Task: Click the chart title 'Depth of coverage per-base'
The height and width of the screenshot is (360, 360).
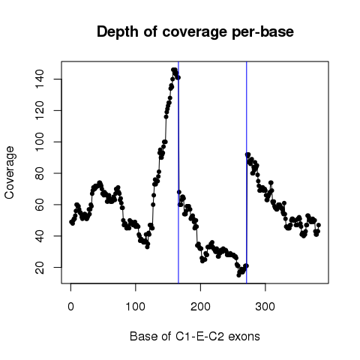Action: pyautogui.click(x=195, y=32)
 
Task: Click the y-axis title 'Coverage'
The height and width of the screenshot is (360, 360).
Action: pyautogui.click(x=9, y=172)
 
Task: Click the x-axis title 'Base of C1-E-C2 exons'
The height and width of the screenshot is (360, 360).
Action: pyautogui.click(x=195, y=336)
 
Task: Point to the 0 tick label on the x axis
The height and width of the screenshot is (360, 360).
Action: pyautogui.click(x=70, y=307)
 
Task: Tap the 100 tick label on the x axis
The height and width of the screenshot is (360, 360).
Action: pyautogui.click(x=135, y=307)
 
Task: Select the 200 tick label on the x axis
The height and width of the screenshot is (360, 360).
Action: pyautogui.click(x=200, y=307)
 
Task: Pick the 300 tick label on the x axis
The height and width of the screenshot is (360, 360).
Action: pyautogui.click(x=265, y=307)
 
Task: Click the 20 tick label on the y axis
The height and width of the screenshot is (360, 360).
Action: pyautogui.click(x=40, y=267)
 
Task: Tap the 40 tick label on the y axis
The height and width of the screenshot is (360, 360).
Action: pyautogui.click(x=40, y=236)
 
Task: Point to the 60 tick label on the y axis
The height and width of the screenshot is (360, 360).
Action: pyautogui.click(x=40, y=205)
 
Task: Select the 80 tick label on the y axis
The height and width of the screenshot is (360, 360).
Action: pyautogui.click(x=40, y=173)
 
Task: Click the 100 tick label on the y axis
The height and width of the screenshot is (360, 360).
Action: pyautogui.click(x=40, y=142)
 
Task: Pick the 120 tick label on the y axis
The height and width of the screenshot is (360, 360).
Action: pyautogui.click(x=40, y=110)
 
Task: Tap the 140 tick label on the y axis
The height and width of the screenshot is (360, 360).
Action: pyautogui.click(x=40, y=79)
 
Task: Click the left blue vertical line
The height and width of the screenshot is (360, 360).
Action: pyautogui.click(x=178, y=172)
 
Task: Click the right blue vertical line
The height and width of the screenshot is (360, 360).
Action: pyautogui.click(x=247, y=172)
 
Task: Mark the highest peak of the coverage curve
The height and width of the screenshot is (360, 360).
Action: pyautogui.click(x=174, y=70)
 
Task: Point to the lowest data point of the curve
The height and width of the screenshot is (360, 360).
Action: pyautogui.click(x=238, y=275)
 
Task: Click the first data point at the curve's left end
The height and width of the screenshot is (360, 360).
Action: pyautogui.click(x=71, y=222)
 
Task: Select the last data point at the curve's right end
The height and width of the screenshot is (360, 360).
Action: pyautogui.click(x=319, y=225)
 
